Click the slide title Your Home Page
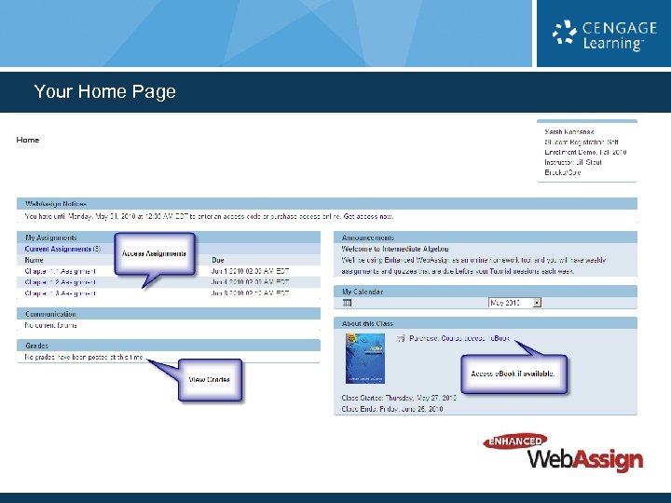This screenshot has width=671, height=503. coord(104,92)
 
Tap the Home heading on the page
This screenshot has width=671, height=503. coord(28,140)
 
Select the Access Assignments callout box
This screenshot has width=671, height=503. coord(154,253)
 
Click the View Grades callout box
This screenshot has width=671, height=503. coord(209,379)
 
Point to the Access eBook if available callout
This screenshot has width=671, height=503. coord(514,373)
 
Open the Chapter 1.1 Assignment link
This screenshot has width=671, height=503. coord(61,271)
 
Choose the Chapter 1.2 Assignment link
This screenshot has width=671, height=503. coord(61,282)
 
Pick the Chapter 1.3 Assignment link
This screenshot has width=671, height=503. coord(61,293)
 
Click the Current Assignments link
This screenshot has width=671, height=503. coord(58,249)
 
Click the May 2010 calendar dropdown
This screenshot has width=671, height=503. coord(515,303)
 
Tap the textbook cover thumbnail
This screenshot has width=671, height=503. coord(365,359)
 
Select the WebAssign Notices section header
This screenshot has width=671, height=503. coord(56,203)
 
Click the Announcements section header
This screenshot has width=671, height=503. coord(368,238)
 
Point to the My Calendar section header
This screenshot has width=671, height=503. coord(363,292)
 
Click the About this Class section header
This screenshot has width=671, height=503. coord(368,323)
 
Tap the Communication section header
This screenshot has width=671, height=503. coord(51,314)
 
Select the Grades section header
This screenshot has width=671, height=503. coord(38,345)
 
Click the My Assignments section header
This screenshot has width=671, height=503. coord(51,238)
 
